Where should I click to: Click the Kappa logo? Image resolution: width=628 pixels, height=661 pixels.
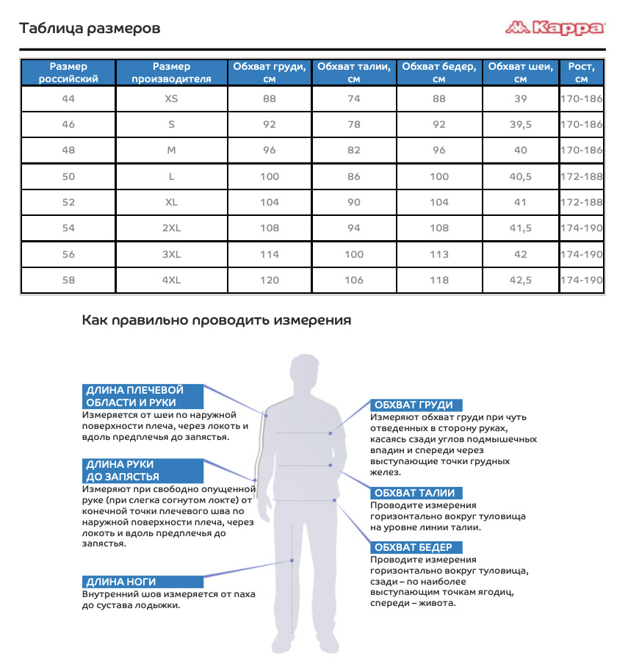[x=555, y=29]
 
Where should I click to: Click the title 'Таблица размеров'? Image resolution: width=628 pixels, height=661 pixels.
[x=90, y=29]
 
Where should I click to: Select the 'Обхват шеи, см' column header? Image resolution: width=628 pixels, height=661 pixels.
[x=521, y=73]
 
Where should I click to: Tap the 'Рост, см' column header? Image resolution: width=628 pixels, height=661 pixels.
[x=582, y=73]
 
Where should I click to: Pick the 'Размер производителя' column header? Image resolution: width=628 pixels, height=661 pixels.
[x=172, y=73]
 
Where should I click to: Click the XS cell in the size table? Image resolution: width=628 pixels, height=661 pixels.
[x=172, y=98]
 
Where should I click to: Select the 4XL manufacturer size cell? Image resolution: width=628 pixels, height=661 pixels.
[x=172, y=280]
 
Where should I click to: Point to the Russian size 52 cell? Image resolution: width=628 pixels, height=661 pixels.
[x=68, y=202]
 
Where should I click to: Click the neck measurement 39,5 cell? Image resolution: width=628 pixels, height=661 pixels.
[x=521, y=124]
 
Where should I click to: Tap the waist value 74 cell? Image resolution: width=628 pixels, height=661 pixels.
[x=354, y=98]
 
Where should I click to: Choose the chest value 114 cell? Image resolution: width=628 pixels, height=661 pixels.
[x=270, y=254]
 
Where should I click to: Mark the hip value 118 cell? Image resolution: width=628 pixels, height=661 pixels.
[x=439, y=280]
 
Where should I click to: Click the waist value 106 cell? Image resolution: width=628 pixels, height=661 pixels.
[x=354, y=280]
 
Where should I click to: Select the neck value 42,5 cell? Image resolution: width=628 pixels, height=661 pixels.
[x=521, y=280]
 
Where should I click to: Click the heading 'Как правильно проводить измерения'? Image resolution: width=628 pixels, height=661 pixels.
[x=216, y=320]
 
